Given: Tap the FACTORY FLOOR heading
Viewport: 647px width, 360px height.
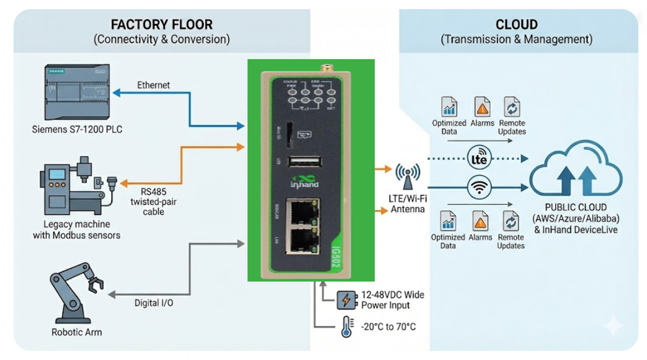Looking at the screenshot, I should tap(162, 25).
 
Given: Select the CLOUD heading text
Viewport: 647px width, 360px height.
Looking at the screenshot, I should tap(517, 25).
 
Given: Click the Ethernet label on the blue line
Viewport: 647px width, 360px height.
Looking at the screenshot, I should tap(154, 85).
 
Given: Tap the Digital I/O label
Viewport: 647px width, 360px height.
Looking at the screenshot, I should tap(154, 303).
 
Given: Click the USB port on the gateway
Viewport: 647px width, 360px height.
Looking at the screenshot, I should tap(304, 162).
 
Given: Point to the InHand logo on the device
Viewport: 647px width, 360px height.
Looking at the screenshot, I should tap(304, 181).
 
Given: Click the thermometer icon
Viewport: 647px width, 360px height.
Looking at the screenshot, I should tap(346, 327).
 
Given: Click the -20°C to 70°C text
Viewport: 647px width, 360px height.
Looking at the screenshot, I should tap(388, 327).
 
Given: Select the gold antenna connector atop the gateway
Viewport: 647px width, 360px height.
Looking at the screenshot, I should tap(325, 68).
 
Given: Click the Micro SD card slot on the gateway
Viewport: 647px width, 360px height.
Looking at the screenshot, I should tap(290, 134).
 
